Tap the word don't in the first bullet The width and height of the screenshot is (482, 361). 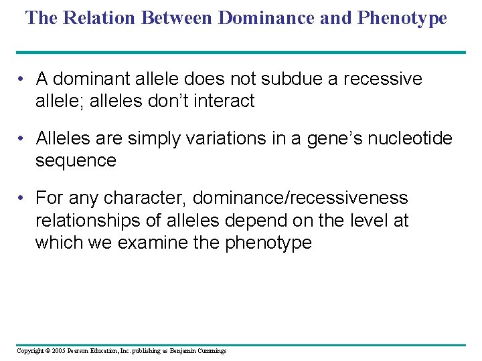coord(151,101)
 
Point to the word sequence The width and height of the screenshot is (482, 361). coord(76,160)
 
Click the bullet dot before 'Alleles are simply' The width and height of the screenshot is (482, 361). coord(23,139)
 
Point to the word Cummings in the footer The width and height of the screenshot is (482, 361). coord(210,351)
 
